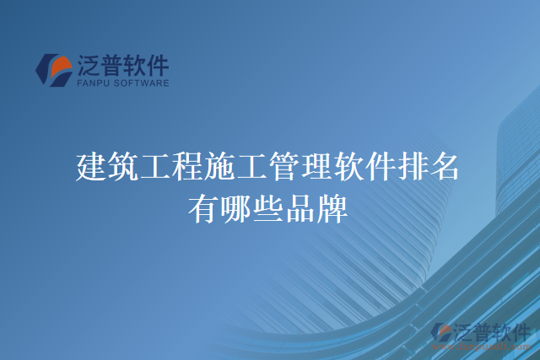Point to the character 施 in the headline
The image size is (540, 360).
[x=220, y=166]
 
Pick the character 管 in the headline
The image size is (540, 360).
[x=284, y=166]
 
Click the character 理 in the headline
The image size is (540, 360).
[x=316, y=166]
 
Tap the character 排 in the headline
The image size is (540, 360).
[x=413, y=166]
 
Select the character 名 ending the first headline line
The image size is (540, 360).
[x=445, y=166]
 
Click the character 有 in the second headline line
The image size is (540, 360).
[x=204, y=207]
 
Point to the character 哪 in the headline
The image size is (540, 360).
[x=236, y=207]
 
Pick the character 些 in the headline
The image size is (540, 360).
[x=268, y=207]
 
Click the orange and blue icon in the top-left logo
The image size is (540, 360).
[x=54, y=69]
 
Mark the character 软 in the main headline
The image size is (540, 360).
[x=348, y=166]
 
